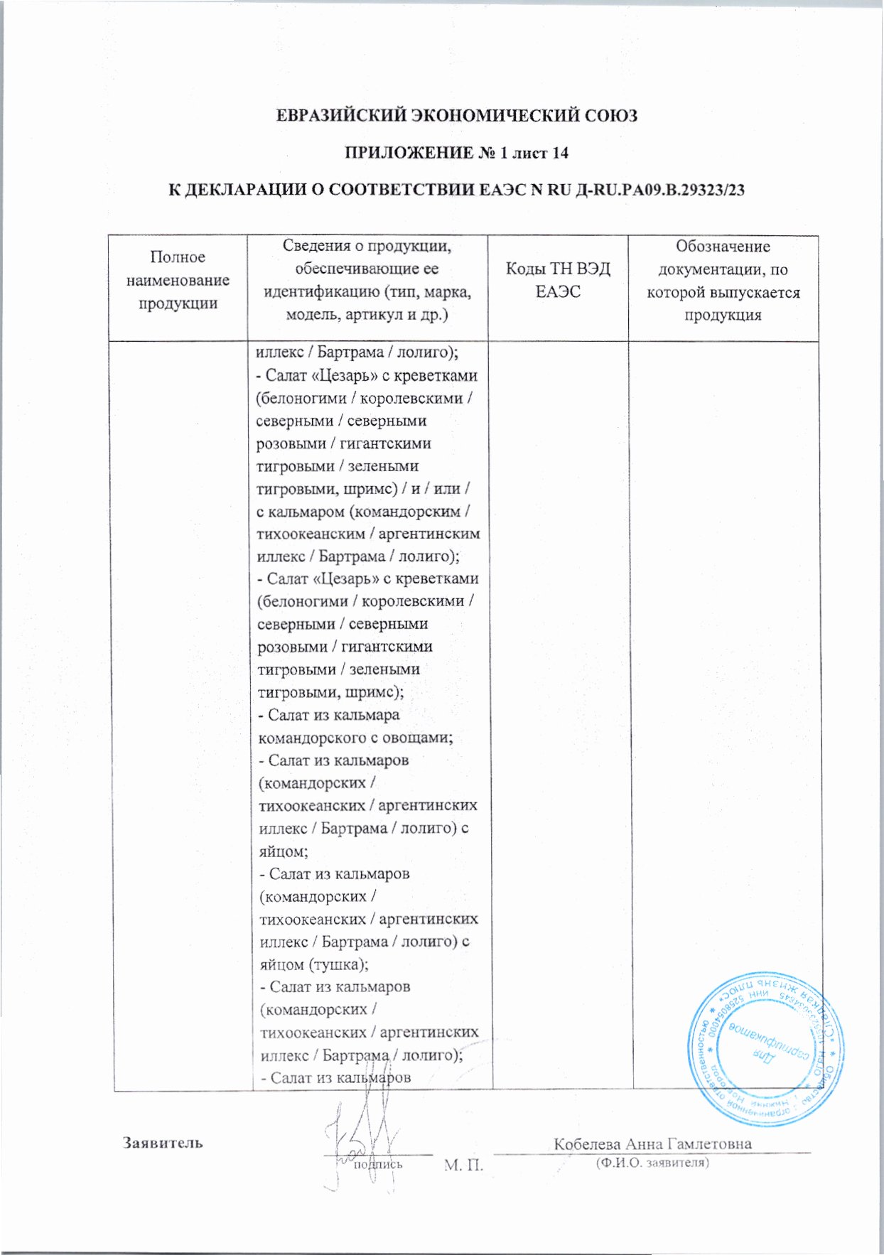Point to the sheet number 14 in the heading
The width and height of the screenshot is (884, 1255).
pos(559,153)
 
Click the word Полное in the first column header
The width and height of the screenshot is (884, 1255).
pos(178,257)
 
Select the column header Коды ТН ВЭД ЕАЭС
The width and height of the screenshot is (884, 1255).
pos(557,280)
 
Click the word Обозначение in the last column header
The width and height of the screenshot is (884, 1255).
pos(723,247)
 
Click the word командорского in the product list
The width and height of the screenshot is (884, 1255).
pos(308,737)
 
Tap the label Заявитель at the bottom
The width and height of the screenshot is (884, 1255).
pos(163,1143)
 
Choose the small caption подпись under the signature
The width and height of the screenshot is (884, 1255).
pos(377,1164)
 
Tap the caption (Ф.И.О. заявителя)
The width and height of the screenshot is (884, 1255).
pos(652,1163)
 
